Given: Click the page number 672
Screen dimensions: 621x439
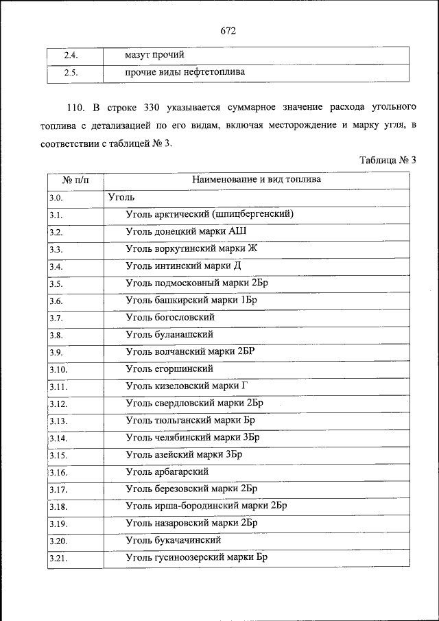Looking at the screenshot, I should (x=228, y=31).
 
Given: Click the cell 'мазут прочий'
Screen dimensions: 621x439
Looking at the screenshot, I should (x=154, y=55).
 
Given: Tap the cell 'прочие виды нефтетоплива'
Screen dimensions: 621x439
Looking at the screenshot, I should (x=185, y=72).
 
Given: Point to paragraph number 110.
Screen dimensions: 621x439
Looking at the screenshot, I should (x=75, y=108).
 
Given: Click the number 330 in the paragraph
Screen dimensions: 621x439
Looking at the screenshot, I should (x=156, y=108).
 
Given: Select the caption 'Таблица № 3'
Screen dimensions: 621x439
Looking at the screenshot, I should (x=388, y=160).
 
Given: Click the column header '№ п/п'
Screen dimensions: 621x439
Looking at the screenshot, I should (x=75, y=180).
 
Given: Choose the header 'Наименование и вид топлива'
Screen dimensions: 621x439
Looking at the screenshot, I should (x=256, y=180).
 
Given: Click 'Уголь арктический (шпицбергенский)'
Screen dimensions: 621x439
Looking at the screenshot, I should (x=210, y=214).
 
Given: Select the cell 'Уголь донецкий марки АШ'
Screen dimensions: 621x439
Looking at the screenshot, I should (x=186, y=231).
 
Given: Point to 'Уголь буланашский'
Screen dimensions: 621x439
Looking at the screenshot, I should (x=169, y=335).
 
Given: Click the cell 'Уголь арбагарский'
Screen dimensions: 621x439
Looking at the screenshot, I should (x=167, y=472).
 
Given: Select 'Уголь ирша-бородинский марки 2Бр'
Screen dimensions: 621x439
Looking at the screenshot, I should (x=206, y=506).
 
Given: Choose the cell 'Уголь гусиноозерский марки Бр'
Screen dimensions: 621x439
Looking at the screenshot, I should (x=196, y=558).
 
